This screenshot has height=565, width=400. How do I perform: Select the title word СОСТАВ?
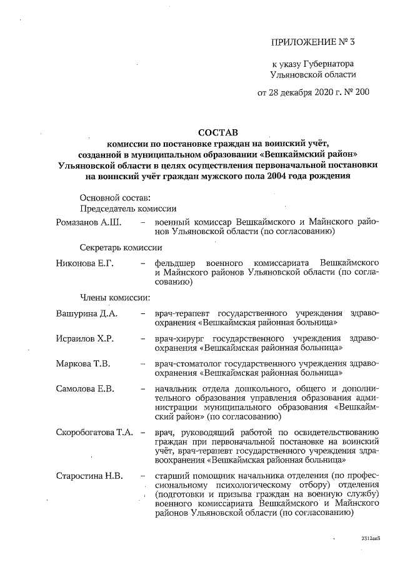(218, 133)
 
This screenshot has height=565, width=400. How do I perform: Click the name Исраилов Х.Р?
(84, 338)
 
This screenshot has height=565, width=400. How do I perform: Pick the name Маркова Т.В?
(83, 363)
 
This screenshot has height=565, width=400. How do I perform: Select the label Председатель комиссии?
(127, 208)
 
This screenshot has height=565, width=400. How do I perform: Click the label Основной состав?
(111, 197)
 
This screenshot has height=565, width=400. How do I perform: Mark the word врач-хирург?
(178, 338)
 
